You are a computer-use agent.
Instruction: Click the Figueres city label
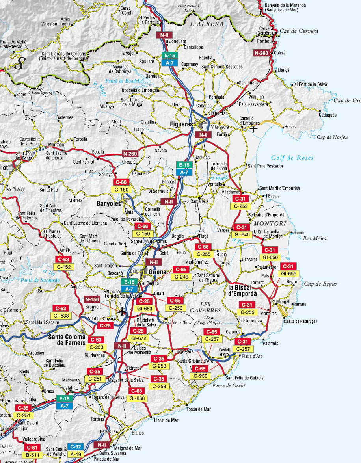181,124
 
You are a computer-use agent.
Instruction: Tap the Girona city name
157,272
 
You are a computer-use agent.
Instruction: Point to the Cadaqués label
328,115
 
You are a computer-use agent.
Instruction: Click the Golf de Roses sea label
292,158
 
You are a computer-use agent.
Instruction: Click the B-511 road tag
32,454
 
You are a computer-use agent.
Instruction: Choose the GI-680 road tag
136,398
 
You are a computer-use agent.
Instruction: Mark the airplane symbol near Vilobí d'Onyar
123,311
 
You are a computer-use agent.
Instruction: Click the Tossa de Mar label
199,409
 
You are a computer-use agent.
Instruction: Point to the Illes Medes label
314,238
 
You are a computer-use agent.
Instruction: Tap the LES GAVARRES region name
211,307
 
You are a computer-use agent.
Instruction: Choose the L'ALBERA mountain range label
207,24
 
